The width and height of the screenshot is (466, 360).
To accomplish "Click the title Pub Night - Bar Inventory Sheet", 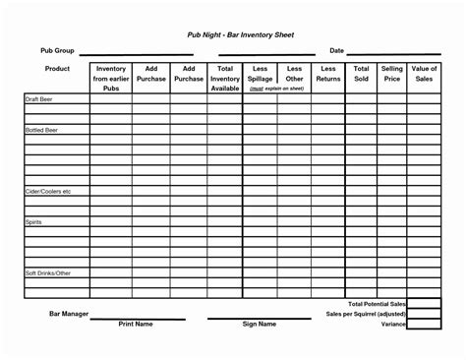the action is coord(241,34).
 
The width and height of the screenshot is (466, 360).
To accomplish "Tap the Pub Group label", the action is coord(56,50).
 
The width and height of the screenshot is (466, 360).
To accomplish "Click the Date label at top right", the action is coord(336,50).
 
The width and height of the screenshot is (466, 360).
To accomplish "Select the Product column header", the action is coord(56,69).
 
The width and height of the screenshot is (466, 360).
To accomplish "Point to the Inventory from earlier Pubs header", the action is coord(111,79).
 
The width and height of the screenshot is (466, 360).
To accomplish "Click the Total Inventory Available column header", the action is coord(225,79).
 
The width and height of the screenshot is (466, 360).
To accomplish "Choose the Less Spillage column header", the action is coord(261,74).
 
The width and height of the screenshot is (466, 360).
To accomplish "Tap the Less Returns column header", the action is coord(327,74).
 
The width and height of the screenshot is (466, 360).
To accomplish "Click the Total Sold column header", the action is coord(361,74).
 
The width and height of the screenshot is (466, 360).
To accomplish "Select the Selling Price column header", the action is coord(392,74).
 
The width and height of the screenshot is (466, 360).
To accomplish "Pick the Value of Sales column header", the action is coord(425,74).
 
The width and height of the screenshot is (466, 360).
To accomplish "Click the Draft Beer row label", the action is coord(38,99).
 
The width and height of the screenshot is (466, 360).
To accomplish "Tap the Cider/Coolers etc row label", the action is coord(48,191).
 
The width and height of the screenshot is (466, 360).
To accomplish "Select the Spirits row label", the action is coord(33,223).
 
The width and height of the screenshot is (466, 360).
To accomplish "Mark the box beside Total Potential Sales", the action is coord(425,304).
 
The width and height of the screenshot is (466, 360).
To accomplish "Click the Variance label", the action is coord(393,324).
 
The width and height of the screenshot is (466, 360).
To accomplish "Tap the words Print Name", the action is coord(136,324).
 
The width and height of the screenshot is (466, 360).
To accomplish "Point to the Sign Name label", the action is coord(259,324).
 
